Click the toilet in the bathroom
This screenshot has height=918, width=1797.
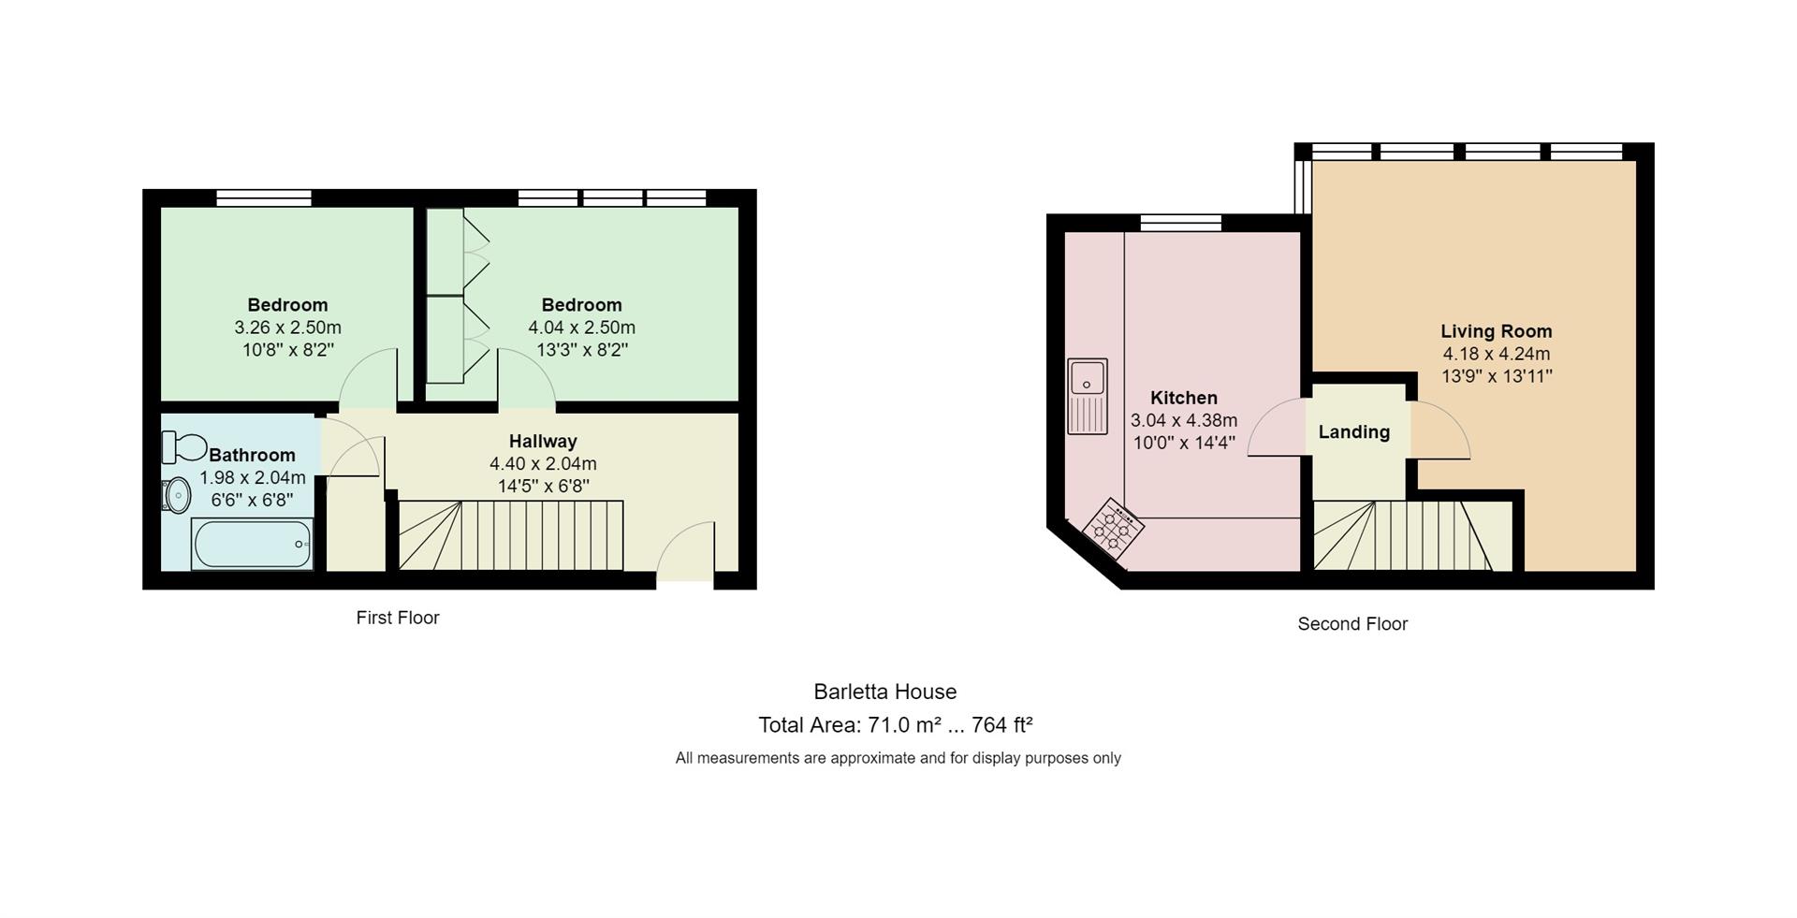pyautogui.click(x=183, y=447)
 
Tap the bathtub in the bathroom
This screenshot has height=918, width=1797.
pyautogui.click(x=253, y=544)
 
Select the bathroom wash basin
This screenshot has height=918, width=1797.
pyautogui.click(x=177, y=495)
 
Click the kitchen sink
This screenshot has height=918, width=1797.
pyautogui.click(x=1088, y=396)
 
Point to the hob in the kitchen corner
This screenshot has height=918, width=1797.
pyautogui.click(x=1113, y=529)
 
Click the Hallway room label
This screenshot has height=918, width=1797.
pyautogui.click(x=543, y=441)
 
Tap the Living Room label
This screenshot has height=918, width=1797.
pyautogui.click(x=1496, y=331)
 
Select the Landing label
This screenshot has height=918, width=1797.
pyautogui.click(x=1353, y=432)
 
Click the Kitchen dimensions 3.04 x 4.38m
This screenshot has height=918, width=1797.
pyautogui.click(x=1184, y=421)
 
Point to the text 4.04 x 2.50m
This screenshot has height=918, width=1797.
pyautogui.click(x=581, y=328)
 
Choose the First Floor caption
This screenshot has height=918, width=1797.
pyautogui.click(x=398, y=618)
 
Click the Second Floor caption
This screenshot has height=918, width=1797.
pyautogui.click(x=1352, y=624)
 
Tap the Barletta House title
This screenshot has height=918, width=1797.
pyautogui.click(x=885, y=692)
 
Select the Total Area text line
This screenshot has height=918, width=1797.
pyautogui.click(x=896, y=725)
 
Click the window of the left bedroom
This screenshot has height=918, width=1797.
pyautogui.click(x=264, y=197)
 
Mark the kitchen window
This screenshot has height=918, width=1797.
pyautogui.click(x=1181, y=223)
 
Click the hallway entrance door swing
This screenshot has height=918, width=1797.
pyautogui.click(x=686, y=551)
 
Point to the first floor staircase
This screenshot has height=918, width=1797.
pyautogui.click(x=511, y=535)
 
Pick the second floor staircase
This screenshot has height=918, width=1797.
pyautogui.click(x=1403, y=535)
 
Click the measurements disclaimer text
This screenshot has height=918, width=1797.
pyautogui.click(x=898, y=758)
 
